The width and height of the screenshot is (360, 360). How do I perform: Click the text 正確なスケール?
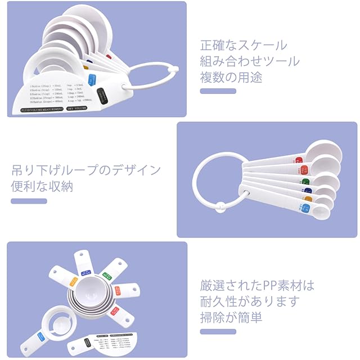click(243, 45)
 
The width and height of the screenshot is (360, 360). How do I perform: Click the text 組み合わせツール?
click(250, 61)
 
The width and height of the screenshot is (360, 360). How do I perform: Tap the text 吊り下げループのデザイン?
click(86, 170)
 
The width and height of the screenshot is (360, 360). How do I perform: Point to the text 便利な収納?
click(42, 186)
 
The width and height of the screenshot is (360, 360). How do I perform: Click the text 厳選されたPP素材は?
click(257, 285)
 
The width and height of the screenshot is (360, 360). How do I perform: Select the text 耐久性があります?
click(250, 301)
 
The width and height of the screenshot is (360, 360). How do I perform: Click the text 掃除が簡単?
click(231, 318)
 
